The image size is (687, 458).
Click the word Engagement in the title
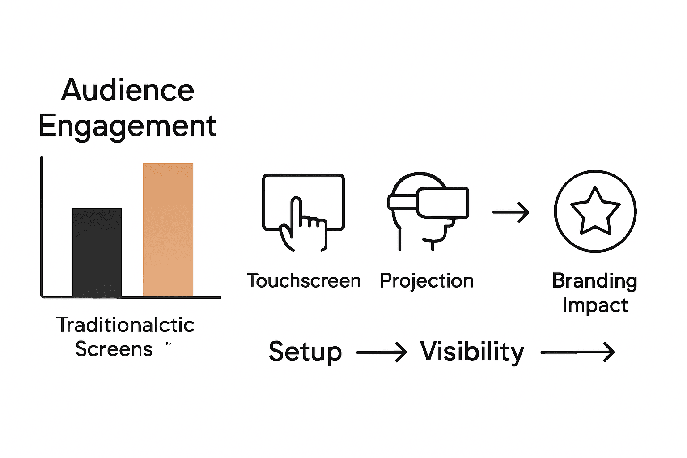tap(127, 127)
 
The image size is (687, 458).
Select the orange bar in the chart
tap(168, 229)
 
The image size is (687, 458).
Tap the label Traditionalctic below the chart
tap(125, 325)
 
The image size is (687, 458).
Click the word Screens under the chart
tap(114, 349)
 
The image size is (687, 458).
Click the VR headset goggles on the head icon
tap(441, 202)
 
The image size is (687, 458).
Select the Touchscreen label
tap(304, 281)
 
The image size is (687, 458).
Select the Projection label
tap(426, 281)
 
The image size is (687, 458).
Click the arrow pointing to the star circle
tap(511, 212)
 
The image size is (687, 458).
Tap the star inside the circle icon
tap(595, 212)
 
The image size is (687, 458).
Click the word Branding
tap(594, 281)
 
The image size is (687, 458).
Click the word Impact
tap(595, 305)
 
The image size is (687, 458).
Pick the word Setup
tap(305, 352)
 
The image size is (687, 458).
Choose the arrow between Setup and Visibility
tap(381, 352)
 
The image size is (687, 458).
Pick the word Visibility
tap(472, 352)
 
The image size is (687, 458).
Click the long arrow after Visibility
tap(577, 352)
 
